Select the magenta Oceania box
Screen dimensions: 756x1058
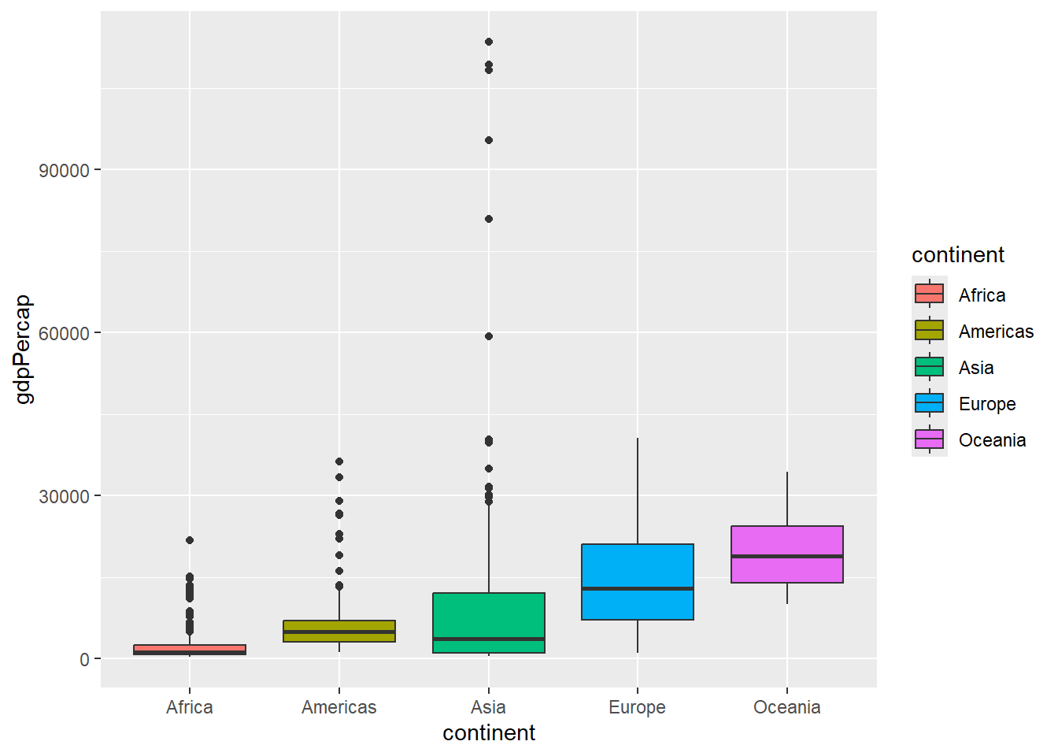point(787,543)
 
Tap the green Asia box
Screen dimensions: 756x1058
point(489,614)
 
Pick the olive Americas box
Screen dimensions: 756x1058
point(339,626)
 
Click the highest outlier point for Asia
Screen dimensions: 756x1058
point(489,42)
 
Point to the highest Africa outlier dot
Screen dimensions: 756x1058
point(190,540)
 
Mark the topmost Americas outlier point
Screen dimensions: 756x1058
point(339,461)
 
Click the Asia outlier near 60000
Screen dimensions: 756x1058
point(489,336)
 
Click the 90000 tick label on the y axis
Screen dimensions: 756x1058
point(64,170)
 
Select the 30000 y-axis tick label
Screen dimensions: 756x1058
point(64,496)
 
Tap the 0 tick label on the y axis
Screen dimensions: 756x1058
point(84,660)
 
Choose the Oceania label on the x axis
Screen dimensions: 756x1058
point(787,707)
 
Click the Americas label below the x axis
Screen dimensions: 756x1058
point(339,707)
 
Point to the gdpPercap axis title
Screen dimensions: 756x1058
point(24,349)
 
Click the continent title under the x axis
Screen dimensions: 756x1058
point(489,733)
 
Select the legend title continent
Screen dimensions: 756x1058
point(958,255)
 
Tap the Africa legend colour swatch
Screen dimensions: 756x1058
point(930,294)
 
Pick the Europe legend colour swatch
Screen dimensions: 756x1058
point(930,402)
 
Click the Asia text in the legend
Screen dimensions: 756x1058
point(976,368)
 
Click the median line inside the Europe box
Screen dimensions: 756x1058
point(638,588)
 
